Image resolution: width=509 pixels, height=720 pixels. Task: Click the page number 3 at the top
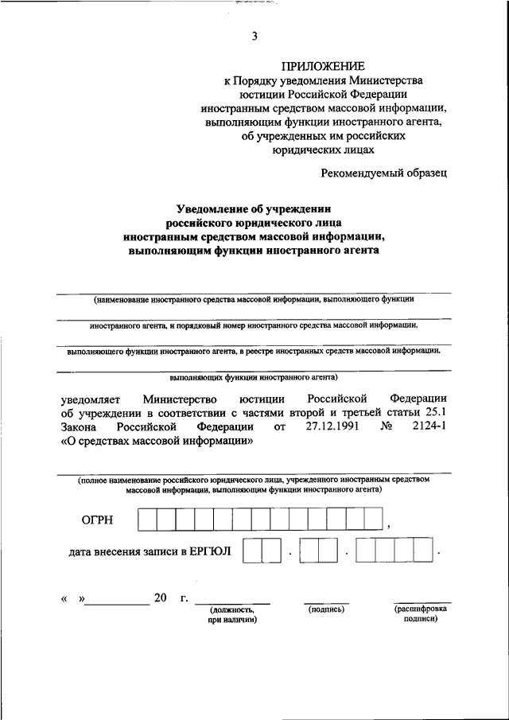(254, 36)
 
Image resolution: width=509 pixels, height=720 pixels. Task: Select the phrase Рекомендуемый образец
(385, 172)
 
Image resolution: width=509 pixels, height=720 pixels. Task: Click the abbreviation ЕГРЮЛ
(208, 550)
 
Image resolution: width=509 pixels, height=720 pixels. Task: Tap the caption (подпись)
(325, 609)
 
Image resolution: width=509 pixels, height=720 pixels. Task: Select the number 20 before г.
(160, 598)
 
